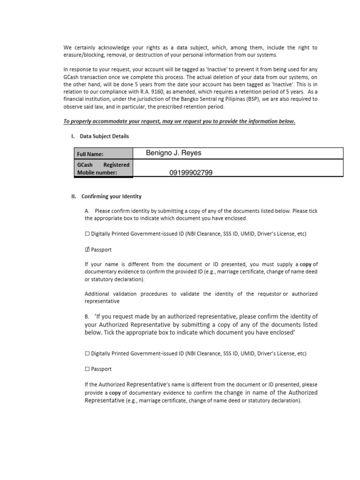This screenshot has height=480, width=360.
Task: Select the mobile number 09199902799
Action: [191, 173]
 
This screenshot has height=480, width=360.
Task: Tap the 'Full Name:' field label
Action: [90, 154]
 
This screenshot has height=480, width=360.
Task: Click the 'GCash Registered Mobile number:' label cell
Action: [104, 169]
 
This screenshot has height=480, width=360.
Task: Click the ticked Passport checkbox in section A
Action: [87, 250]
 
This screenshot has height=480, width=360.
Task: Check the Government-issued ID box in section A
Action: [87, 233]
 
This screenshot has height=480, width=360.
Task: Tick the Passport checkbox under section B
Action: [87, 369]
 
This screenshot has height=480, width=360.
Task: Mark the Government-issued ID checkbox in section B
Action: [87, 353]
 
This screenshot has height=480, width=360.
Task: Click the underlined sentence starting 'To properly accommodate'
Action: [180, 121]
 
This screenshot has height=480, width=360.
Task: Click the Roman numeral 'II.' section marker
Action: [67, 196]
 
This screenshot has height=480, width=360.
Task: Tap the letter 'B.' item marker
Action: [88, 316]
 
